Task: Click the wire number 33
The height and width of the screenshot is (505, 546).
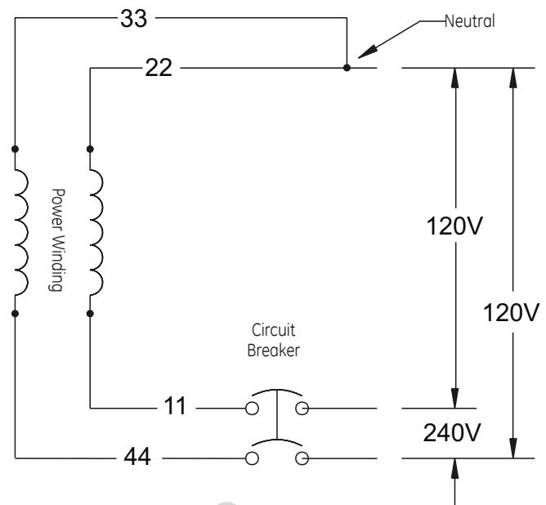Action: click(x=134, y=19)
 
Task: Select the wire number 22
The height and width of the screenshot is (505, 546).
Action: click(x=159, y=68)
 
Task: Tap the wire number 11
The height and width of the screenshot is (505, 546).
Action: click(x=175, y=406)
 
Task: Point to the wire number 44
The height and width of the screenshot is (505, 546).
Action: click(x=137, y=457)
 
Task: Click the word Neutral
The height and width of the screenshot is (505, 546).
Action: click(x=470, y=21)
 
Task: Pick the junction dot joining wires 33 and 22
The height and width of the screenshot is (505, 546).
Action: click(x=347, y=68)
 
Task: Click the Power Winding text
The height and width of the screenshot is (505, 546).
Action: click(x=56, y=239)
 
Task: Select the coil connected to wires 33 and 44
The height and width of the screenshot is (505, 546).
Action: click(x=21, y=233)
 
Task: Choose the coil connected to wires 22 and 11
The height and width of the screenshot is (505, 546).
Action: click(x=96, y=233)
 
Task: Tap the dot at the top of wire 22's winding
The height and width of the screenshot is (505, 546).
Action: click(x=90, y=149)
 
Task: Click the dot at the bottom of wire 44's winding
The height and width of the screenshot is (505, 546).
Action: click(x=15, y=314)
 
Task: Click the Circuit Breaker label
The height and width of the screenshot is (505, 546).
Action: click(x=273, y=340)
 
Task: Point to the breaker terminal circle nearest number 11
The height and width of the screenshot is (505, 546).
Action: click(x=252, y=409)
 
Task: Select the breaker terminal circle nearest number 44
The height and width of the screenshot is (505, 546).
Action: click(x=252, y=458)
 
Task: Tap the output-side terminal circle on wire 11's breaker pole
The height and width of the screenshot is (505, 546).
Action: click(x=302, y=409)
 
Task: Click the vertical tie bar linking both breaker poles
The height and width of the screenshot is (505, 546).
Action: click(x=277, y=414)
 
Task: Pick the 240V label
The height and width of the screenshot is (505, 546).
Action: click(x=452, y=432)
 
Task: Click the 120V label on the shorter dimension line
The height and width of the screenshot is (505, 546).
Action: click(x=454, y=226)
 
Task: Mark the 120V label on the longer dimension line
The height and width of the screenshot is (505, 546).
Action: click(x=511, y=312)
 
